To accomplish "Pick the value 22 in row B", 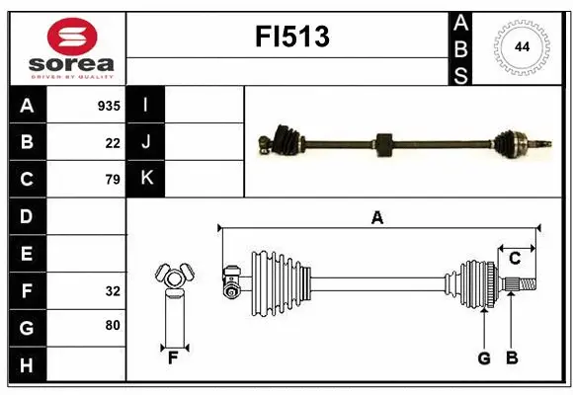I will pos(113,142).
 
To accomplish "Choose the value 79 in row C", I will pos(113,180).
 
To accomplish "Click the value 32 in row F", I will pos(113,291).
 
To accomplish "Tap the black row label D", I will pos(27,216).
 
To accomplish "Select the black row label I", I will pos(145,106).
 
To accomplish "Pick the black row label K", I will pos(145,180).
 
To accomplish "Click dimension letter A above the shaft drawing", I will pos(376,218).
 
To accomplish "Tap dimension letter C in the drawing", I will pos(515,258).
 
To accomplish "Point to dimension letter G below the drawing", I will pos(483,357).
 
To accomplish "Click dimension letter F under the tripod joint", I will pos(173,357).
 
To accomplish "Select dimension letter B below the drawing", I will pos(512,357).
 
